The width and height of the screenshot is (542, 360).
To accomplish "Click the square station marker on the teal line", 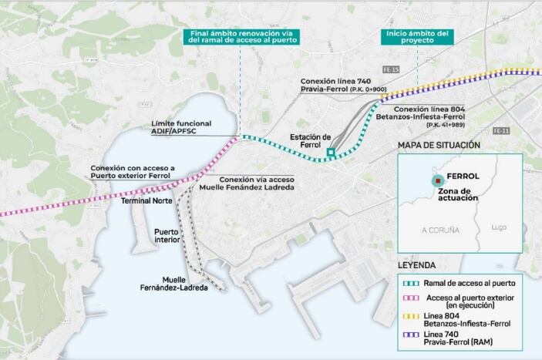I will click(331, 153).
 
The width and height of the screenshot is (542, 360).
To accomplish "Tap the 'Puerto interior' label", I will click(167, 236).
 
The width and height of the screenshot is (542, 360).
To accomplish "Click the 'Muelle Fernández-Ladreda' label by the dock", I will click(186, 284).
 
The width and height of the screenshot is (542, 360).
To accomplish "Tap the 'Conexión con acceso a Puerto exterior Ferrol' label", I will click(133, 172).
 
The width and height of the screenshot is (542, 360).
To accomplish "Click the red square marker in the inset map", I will click(437, 179).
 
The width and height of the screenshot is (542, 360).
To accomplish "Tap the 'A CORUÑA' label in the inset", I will click(440, 230).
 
